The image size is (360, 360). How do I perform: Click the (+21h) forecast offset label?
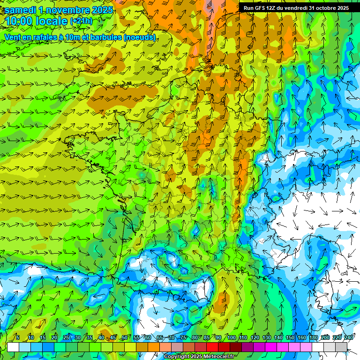pos(81,21)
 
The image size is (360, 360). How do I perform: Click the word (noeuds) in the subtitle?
pos(139,37)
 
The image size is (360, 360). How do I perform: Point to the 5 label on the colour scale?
pos(17,337)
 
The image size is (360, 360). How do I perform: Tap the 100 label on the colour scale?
pos(231,337)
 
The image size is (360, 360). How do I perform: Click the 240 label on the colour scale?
pos(348,337)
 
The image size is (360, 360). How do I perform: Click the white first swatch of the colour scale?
pos(13,347)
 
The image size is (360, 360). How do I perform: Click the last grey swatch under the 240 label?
pos(341,347)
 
